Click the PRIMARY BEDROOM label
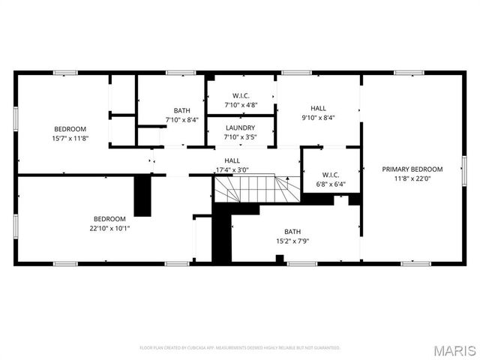coord(412,169)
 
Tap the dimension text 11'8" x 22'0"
coord(412,179)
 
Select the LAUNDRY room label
coord(241,128)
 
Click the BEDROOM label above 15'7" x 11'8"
coord(70,128)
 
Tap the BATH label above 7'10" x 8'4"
coord(182,110)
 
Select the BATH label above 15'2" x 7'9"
coord(292,232)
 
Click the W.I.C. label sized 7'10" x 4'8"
coord(241,95)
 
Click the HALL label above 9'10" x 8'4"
coord(319,108)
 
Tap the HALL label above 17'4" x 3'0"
coord(232,160)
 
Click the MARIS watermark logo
coord(454,350)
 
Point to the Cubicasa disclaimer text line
coord(240,348)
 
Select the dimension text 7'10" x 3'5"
coord(241,138)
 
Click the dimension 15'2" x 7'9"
coord(292,241)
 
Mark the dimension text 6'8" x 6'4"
coord(330,184)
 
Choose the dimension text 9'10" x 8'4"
coord(319,118)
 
